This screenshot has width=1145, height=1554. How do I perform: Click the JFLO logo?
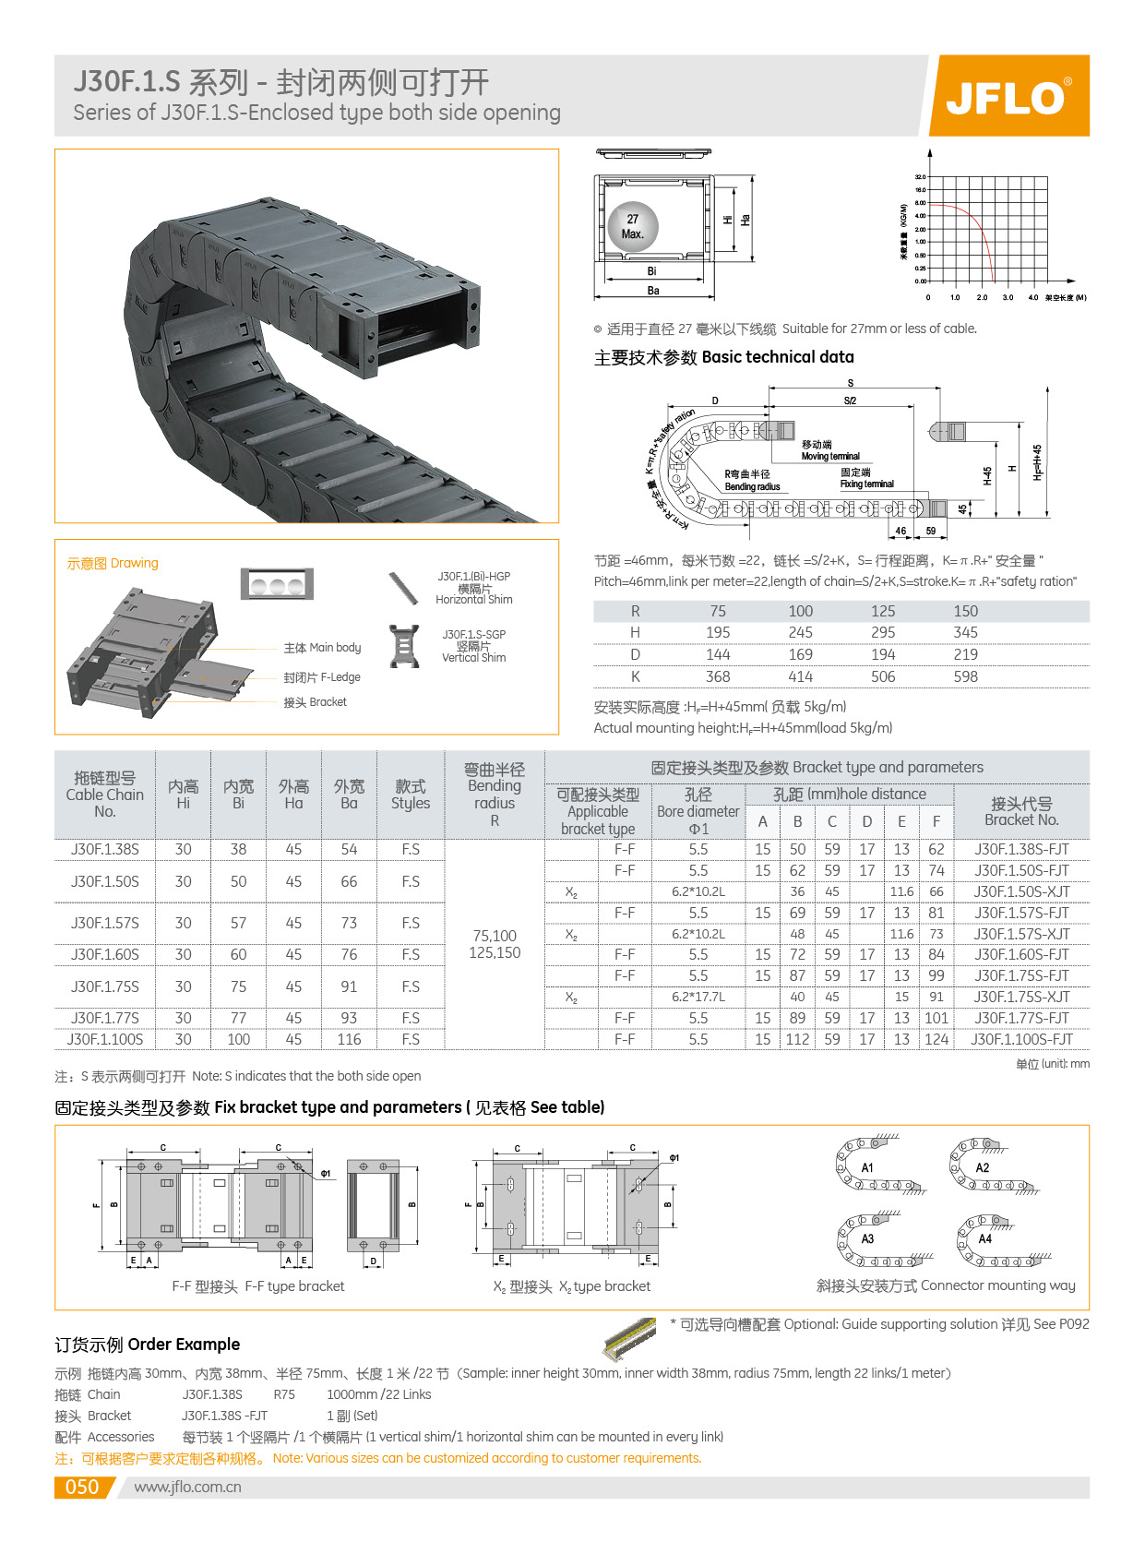pos(1008,96)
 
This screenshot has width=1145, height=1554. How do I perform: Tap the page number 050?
pos(81,1487)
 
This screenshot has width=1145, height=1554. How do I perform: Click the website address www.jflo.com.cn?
pos(187,1487)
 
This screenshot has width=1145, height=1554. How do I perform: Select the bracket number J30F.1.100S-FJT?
pos(1021,1039)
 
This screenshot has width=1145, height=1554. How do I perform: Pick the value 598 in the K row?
pos(965,676)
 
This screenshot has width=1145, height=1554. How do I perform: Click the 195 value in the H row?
pos(718,632)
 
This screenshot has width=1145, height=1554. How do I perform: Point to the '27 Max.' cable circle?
pos(633,226)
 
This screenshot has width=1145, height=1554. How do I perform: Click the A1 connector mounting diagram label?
pos(867,1167)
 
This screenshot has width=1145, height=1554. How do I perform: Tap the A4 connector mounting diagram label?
pos(985,1239)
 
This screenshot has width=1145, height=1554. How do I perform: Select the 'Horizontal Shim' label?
pos(474,600)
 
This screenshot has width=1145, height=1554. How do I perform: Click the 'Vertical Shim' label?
pos(474,658)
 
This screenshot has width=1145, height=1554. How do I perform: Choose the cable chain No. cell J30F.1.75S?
pos(105,986)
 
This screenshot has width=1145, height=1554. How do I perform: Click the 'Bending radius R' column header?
pos(495,795)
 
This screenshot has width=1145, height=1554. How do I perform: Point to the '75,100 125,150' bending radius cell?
pos(495,944)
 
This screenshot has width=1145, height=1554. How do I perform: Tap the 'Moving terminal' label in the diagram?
pos(830,456)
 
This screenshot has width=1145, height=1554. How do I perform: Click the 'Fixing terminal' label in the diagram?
pos(866,484)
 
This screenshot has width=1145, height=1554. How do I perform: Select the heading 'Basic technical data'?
pos(778,357)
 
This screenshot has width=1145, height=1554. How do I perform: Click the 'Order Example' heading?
pos(185,1345)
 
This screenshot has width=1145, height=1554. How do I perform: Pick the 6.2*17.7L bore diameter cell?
pos(698,997)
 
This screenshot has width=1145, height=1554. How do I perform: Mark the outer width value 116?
pos(349,1039)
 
